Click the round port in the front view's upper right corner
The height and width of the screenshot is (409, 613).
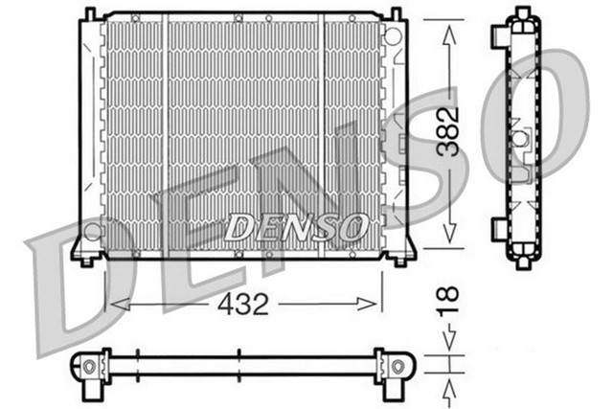coord(392,36)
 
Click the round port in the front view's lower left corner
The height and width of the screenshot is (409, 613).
coord(92,232)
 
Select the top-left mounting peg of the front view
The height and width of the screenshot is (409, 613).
coord(89,13)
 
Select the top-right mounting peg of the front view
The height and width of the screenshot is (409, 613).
coord(395,13)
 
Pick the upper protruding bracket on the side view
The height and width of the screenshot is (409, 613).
coord(497,35)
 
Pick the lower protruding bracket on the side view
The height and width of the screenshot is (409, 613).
coord(497,229)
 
